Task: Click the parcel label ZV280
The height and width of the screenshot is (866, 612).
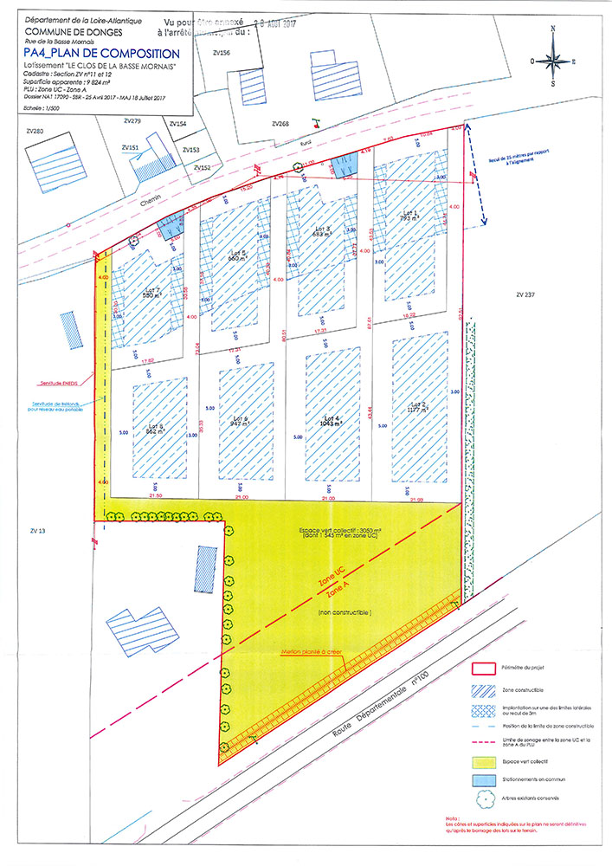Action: click(x=35, y=131)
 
